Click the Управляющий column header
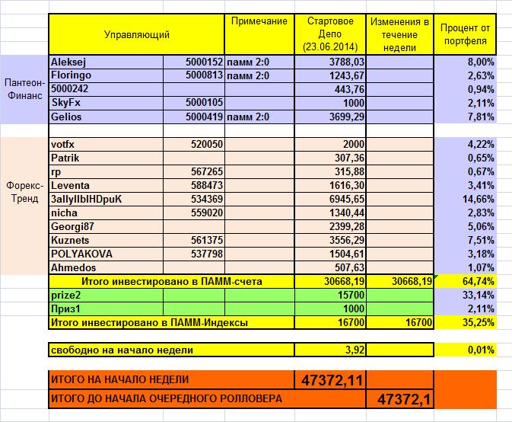(x=137, y=34)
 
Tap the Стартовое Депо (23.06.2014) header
(x=329, y=34)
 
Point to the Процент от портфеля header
(x=465, y=34)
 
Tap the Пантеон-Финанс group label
(x=24, y=89)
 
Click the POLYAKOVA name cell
(x=81, y=254)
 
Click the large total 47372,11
(x=329, y=379)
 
